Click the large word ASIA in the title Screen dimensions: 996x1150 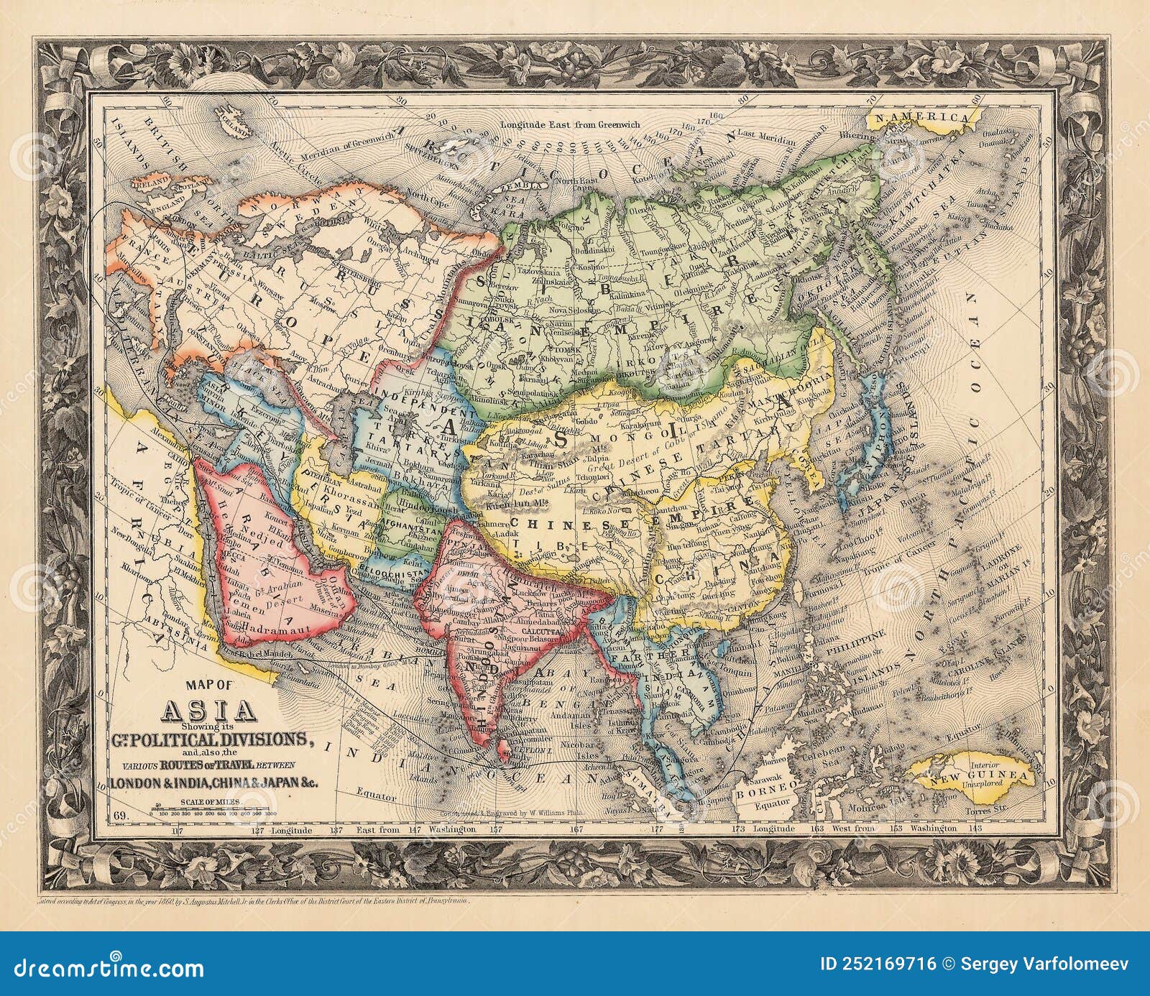tap(211, 712)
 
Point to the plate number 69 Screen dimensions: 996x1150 tap(121, 815)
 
